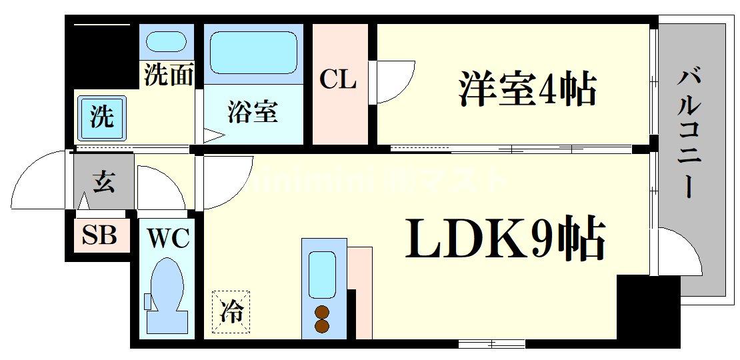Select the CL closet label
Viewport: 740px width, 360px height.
pos(338,81)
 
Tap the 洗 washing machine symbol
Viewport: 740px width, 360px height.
pos(102,117)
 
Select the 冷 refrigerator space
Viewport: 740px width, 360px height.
pos(231,311)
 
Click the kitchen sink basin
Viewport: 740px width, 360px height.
pos(322,275)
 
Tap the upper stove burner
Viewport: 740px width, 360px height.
pos(323,311)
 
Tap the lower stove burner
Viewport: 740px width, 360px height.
pos(323,326)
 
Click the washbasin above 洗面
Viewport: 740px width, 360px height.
pos(166,42)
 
